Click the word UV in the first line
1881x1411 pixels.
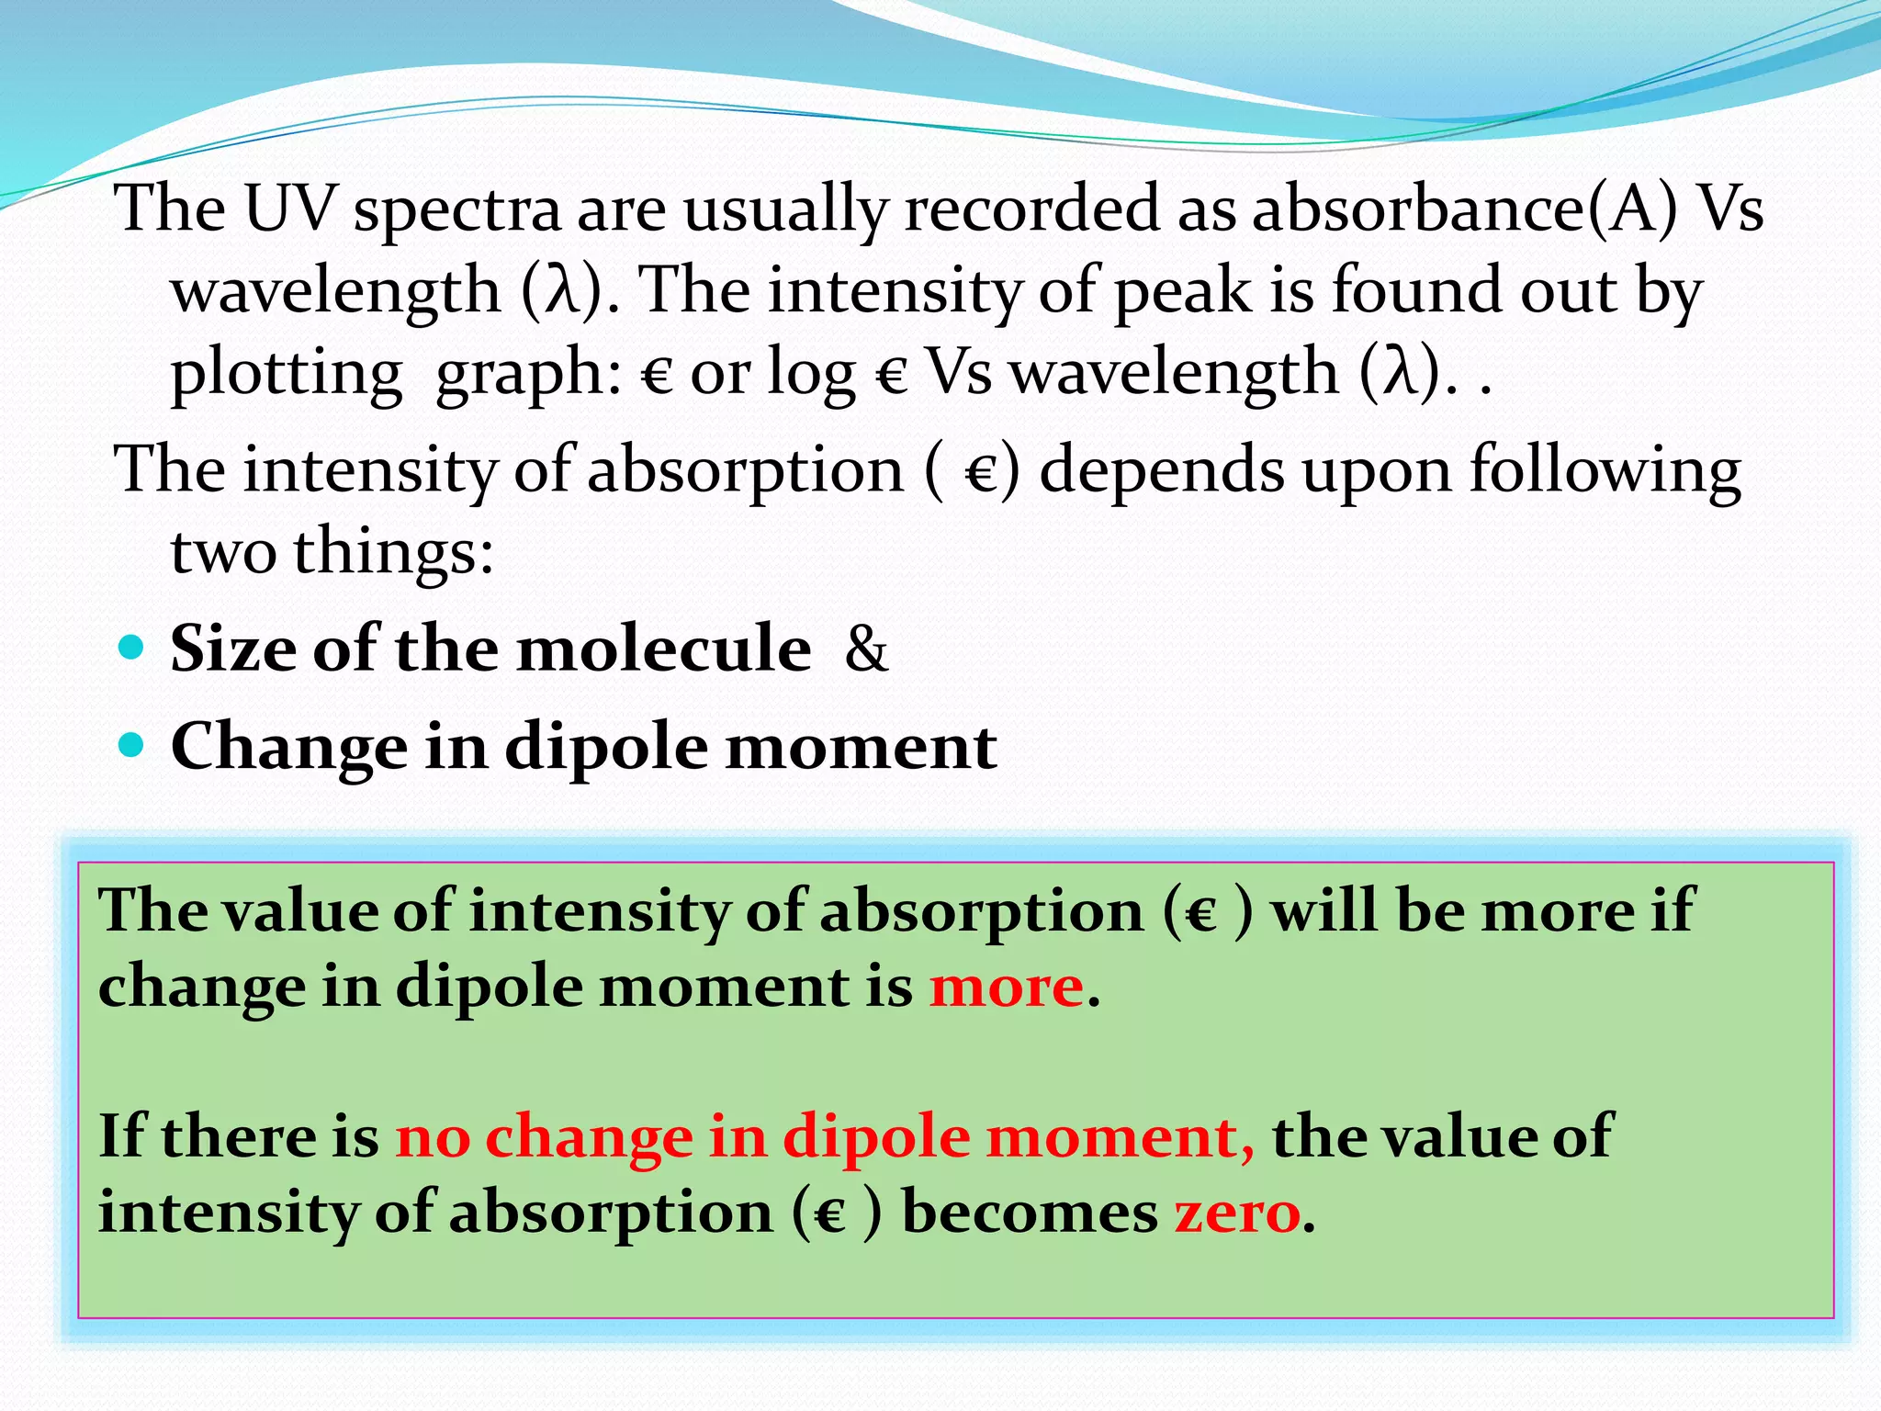click(x=288, y=209)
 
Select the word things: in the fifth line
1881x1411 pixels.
click(x=394, y=552)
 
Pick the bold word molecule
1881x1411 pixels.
click(x=664, y=649)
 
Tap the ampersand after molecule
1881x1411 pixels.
click(x=866, y=649)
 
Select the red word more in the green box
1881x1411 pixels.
click(x=1007, y=988)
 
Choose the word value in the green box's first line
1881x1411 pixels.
click(x=299, y=911)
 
